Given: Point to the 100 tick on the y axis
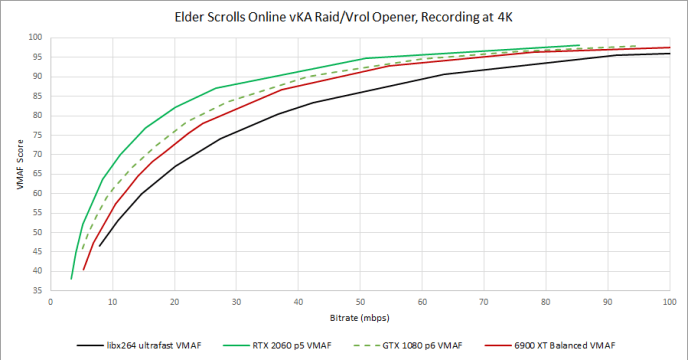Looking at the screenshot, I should pyautogui.click(x=35, y=37).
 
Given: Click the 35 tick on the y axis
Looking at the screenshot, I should pyautogui.click(x=37, y=290).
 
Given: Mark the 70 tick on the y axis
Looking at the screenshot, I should pyautogui.click(x=37, y=154).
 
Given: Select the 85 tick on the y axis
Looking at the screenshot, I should pyautogui.click(x=37, y=95).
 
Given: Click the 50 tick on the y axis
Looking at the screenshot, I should pyautogui.click(x=37, y=232).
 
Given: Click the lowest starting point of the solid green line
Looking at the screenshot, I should pyautogui.click(x=71, y=278).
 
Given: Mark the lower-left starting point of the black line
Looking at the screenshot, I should pyautogui.click(x=99, y=246).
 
